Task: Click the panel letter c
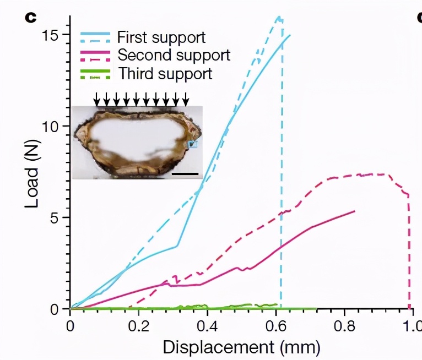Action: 31,17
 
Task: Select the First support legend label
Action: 161,37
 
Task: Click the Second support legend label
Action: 174,55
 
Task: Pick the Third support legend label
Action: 164,73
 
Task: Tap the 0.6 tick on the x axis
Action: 275,325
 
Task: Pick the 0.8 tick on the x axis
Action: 344,325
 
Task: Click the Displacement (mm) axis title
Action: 240,347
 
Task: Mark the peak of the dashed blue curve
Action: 279,17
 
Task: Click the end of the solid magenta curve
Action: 354,211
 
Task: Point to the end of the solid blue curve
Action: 290,35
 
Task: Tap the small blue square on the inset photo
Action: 192,144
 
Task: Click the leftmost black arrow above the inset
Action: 97,99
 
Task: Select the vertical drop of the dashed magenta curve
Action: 409,253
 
